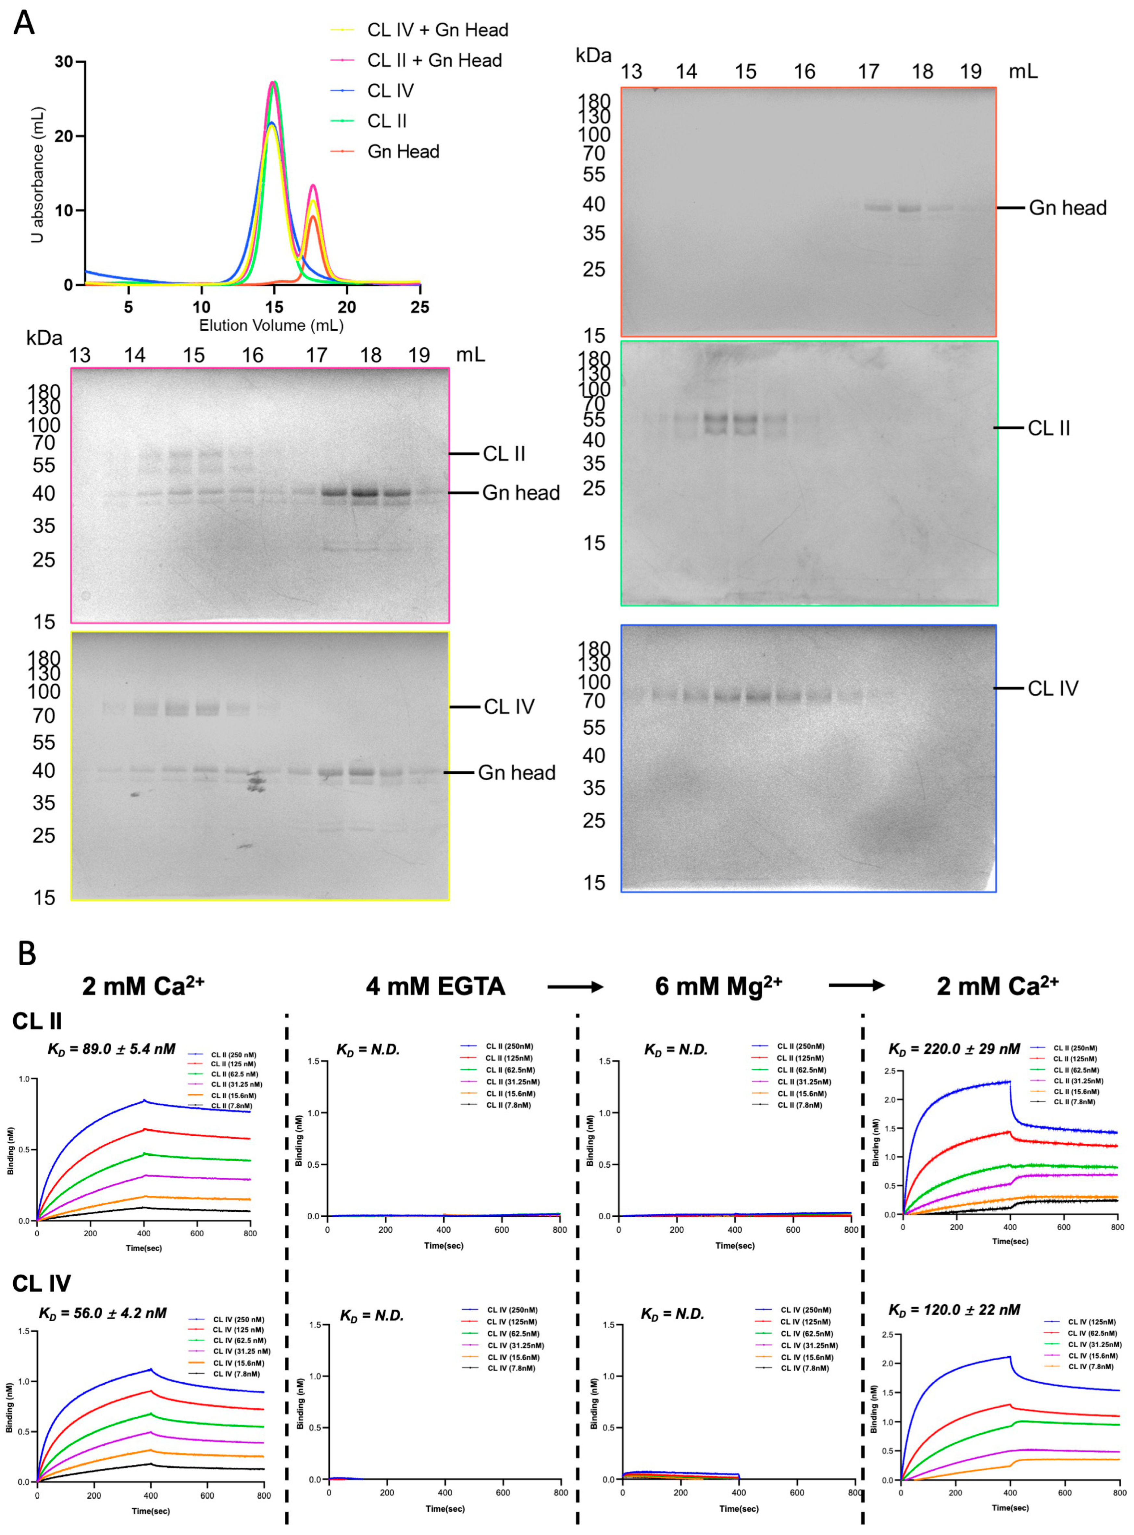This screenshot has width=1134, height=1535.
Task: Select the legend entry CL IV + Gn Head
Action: (437, 30)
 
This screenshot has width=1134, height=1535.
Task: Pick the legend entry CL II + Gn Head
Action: (434, 60)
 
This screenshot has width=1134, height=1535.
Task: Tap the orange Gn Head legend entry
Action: (403, 152)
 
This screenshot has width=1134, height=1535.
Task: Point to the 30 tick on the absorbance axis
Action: (64, 62)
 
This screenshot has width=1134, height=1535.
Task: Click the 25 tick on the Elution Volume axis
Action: (419, 307)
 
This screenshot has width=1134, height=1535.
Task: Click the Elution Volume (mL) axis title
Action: (271, 325)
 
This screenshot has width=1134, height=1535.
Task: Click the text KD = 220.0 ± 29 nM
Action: (954, 1049)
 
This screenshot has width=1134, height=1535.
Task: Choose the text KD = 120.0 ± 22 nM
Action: (954, 1310)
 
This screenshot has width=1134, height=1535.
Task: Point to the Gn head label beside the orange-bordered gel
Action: (1067, 208)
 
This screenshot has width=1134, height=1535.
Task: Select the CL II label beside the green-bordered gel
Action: (1048, 428)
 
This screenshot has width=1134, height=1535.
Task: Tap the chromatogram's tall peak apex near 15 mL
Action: (274, 82)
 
